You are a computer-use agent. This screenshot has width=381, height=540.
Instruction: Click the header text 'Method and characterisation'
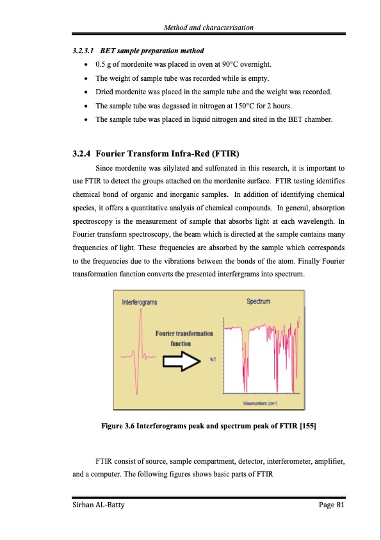(208, 28)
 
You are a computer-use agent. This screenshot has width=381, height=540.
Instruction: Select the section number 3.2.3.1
(83, 51)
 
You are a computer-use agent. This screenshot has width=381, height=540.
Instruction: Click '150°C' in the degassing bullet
(245, 106)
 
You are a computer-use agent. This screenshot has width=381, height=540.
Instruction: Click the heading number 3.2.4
(81, 153)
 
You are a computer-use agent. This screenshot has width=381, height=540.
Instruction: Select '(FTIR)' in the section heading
(226, 153)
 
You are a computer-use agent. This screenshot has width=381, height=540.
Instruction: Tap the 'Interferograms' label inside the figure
(139, 302)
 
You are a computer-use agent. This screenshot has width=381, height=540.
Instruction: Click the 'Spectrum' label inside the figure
(258, 301)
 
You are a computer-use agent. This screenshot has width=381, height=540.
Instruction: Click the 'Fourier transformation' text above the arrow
(184, 333)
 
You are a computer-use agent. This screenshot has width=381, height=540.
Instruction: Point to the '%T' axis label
(213, 360)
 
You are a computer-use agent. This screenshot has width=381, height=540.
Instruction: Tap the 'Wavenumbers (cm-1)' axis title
(261, 403)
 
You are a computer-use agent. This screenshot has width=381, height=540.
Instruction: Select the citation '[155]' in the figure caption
(308, 426)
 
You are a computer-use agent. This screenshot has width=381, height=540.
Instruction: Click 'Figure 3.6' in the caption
(118, 426)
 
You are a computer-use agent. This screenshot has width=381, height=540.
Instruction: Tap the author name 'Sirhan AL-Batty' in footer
(99, 505)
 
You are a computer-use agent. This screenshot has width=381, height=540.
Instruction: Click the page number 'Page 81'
(332, 505)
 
